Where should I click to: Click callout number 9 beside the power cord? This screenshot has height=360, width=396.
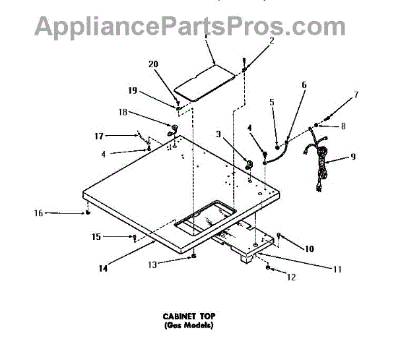pyautogui.click(x=353, y=157)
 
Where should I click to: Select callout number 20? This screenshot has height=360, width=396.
pyautogui.click(x=153, y=64)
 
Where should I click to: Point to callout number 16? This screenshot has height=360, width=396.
pyautogui.click(x=38, y=213)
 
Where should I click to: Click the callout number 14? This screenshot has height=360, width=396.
pyautogui.click(x=103, y=268)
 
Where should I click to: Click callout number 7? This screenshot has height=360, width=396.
pyautogui.click(x=356, y=94)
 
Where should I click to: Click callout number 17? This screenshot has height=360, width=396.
pyautogui.click(x=99, y=136)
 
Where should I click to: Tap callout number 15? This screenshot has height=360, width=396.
pyautogui.click(x=96, y=236)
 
